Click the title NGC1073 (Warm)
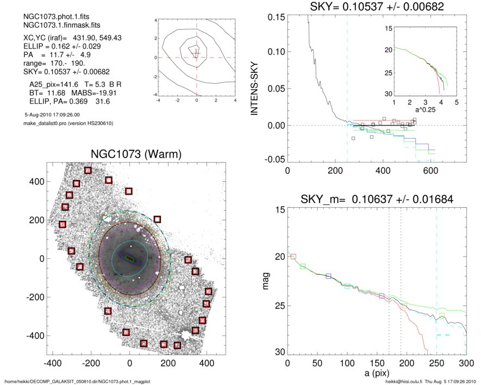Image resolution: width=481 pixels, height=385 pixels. tap(129, 155)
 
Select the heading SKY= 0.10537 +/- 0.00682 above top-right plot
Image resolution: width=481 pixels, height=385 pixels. tap(377, 7)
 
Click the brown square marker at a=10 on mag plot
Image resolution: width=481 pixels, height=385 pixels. tap(293, 257)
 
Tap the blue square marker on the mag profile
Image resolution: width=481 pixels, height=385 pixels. tap(329, 276)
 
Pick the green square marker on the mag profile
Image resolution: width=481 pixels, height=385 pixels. tap(303, 266)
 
